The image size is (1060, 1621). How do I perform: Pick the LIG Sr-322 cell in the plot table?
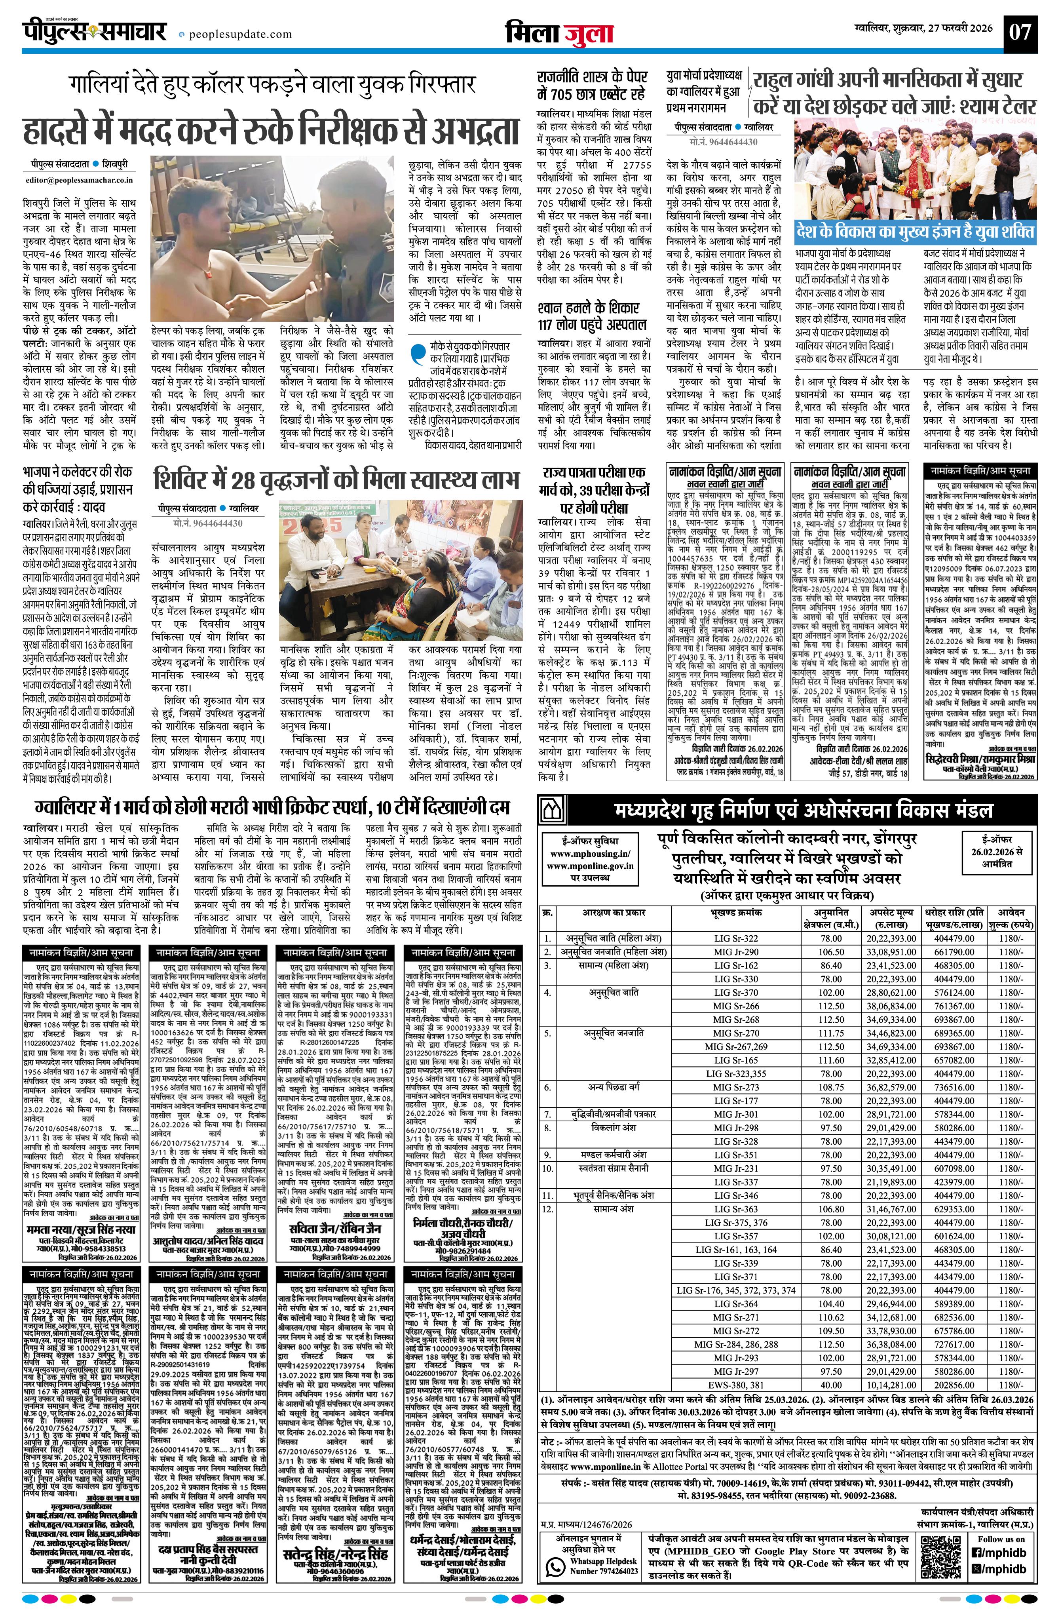point(736,938)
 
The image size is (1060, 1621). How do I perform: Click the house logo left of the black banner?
point(551,810)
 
